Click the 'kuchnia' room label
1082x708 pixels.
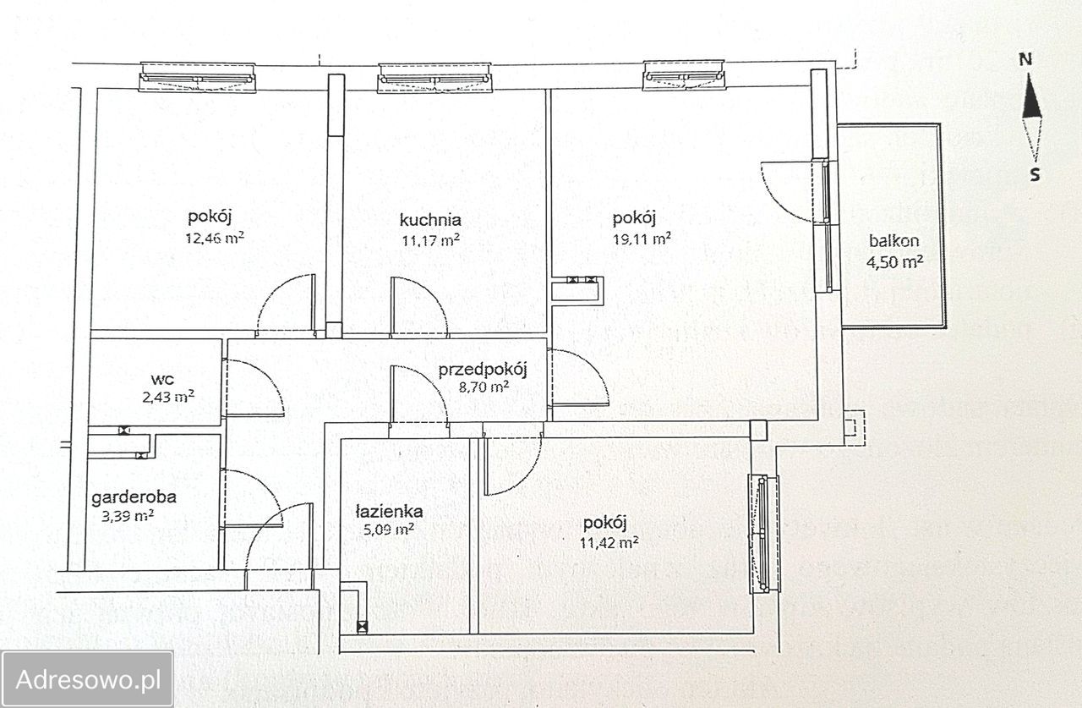tap(430, 221)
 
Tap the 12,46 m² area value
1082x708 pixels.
tap(215, 238)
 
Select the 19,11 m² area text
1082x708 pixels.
tap(642, 239)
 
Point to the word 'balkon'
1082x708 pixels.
tap(893, 241)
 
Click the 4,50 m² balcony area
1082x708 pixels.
tap(895, 262)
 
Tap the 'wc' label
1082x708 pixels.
tap(162, 379)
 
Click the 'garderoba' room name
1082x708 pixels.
tap(134, 497)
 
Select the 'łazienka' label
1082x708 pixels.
tap(389, 511)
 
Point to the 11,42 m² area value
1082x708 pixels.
tap(609, 543)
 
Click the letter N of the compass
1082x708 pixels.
tap(1025, 60)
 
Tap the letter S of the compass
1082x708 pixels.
tap(1035, 174)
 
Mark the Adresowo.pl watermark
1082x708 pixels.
tap(88, 680)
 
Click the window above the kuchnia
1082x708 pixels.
tap(434, 78)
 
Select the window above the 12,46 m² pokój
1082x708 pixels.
tap(198, 77)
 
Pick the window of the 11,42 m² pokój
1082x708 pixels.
tap(763, 534)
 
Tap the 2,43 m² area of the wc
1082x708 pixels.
tap(168, 398)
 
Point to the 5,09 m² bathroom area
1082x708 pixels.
tap(388, 530)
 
